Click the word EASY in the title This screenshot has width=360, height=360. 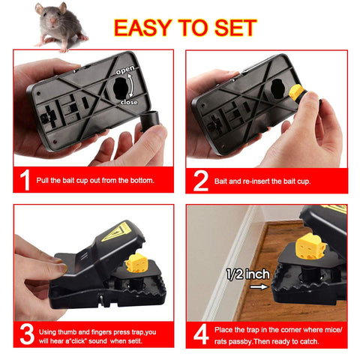point(142,28)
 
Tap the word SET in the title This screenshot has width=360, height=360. point(235,28)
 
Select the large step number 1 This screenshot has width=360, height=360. point(25,180)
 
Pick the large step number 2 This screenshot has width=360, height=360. point(201,181)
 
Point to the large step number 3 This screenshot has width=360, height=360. point(27,334)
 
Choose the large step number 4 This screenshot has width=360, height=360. point(201,334)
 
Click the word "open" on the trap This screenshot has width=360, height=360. point(125,70)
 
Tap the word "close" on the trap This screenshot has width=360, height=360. point(129,102)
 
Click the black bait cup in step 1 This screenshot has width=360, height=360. point(150,121)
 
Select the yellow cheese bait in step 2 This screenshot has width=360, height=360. point(296,92)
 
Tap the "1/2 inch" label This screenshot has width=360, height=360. point(248,274)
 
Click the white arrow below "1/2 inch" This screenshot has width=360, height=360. point(259,286)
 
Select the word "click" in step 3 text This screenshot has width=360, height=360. point(78,341)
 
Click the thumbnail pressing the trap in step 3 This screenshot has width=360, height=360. point(61,268)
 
